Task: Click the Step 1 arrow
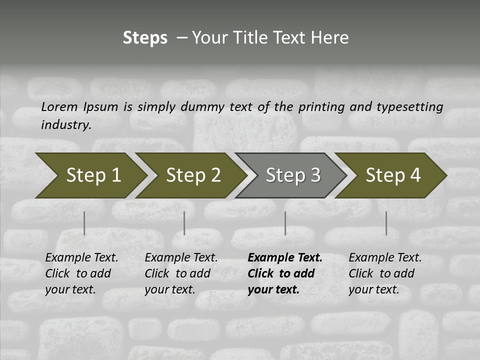click(x=90, y=175)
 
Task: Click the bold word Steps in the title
click(x=145, y=38)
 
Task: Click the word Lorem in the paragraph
click(x=59, y=107)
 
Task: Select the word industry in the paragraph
click(x=66, y=125)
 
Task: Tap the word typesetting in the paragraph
click(x=409, y=107)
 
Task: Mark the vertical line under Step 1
click(x=84, y=223)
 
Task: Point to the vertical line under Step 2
click(x=184, y=223)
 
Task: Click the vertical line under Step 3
click(x=285, y=223)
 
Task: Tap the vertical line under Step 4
click(x=386, y=223)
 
